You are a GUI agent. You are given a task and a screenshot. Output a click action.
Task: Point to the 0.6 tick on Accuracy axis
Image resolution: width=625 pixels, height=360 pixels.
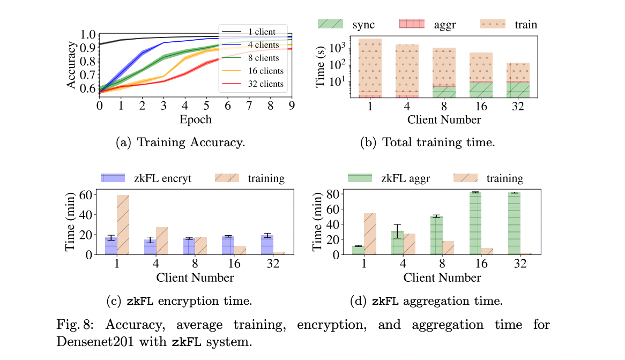(x=86, y=88)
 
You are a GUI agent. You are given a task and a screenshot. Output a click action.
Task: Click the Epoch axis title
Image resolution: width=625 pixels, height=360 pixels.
(x=195, y=119)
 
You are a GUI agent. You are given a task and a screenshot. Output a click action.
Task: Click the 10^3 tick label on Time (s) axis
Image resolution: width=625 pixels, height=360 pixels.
(x=338, y=48)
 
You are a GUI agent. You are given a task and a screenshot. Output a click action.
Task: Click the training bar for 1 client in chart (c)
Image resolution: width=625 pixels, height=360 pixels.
(x=123, y=225)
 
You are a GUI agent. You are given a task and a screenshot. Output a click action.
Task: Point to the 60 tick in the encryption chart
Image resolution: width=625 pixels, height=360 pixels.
(x=85, y=194)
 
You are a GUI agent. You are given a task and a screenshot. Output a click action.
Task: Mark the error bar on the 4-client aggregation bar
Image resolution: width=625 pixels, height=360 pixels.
(x=397, y=231)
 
